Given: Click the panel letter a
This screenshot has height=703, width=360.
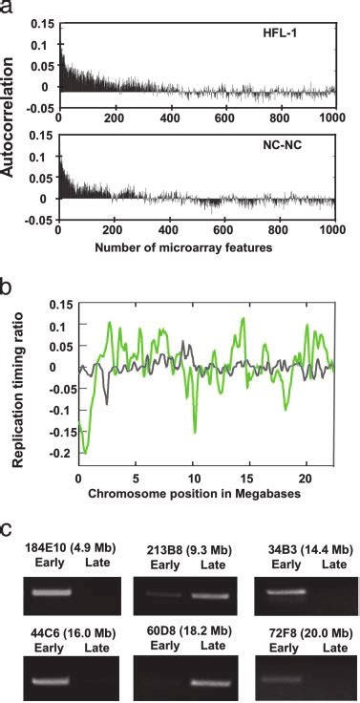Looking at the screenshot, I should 8,7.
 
